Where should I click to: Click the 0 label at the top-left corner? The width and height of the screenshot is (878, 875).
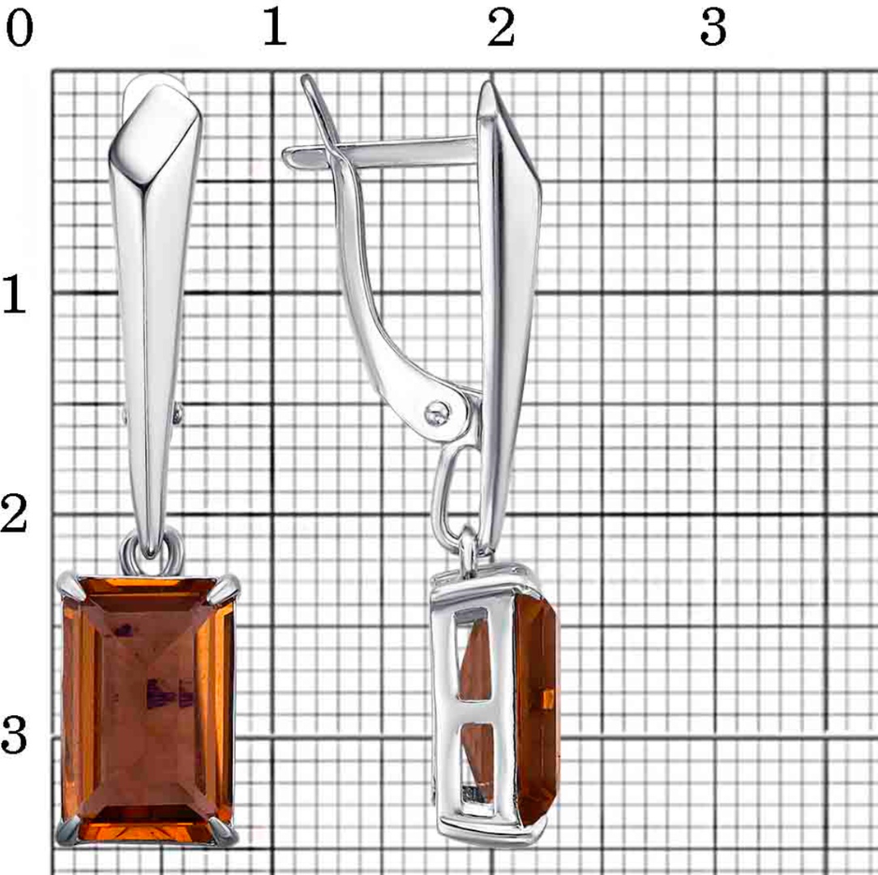click(19, 28)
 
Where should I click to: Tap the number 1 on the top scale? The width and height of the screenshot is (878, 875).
click(274, 28)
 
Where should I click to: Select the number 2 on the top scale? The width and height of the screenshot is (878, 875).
click(500, 28)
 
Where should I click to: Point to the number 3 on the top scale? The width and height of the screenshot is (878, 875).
click(713, 28)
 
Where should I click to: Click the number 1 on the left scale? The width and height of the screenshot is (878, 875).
click(14, 294)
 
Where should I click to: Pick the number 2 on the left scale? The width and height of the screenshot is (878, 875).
click(14, 514)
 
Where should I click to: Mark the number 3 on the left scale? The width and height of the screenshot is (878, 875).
click(14, 735)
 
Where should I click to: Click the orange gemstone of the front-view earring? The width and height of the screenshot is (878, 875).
click(148, 711)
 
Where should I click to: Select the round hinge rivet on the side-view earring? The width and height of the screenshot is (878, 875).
click(437, 413)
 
